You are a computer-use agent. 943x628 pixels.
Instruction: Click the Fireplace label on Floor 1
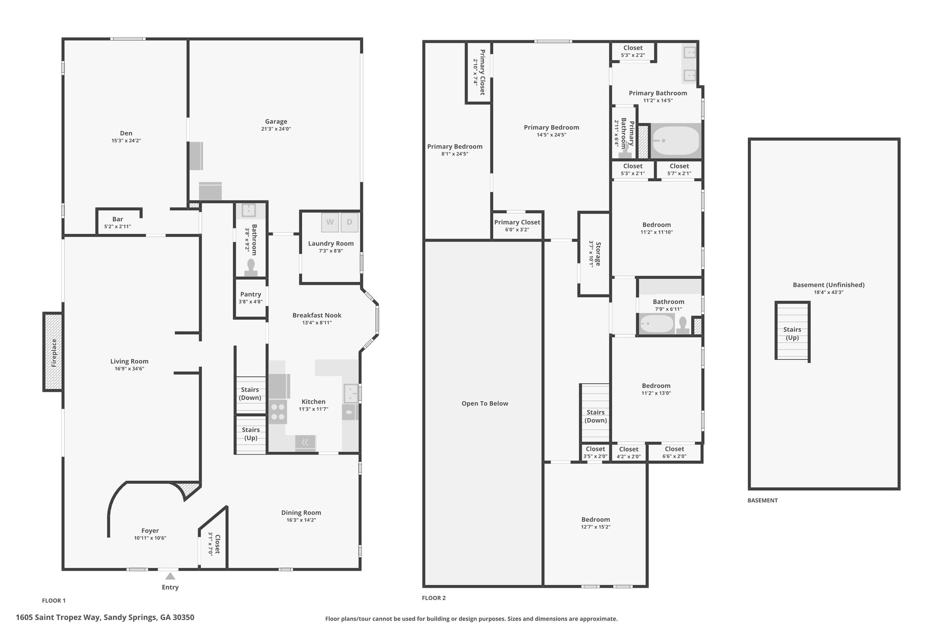tap(54, 353)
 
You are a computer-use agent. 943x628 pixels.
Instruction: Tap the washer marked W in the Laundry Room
tap(330, 222)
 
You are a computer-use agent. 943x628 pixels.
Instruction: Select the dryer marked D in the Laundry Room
tap(349, 222)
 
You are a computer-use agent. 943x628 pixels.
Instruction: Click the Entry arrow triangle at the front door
tap(170, 576)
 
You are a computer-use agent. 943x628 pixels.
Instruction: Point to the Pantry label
tap(250, 294)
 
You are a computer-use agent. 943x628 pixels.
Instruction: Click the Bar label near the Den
tap(118, 219)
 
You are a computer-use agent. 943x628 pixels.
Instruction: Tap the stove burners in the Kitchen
tap(278, 412)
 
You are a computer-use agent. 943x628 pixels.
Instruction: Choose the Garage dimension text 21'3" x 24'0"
tap(276, 129)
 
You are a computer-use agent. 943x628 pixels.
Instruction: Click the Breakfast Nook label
tap(317, 315)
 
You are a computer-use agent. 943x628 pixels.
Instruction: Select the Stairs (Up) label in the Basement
tap(792, 334)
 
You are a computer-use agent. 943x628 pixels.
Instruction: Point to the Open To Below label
tap(485, 403)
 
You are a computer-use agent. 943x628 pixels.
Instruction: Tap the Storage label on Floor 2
tap(598, 254)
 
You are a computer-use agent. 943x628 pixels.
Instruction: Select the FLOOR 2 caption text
tap(434, 598)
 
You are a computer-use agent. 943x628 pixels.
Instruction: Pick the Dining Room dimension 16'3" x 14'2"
tap(301, 520)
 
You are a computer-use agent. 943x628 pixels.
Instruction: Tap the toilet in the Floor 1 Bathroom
tap(251, 267)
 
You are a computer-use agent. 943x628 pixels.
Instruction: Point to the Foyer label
tap(150, 530)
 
